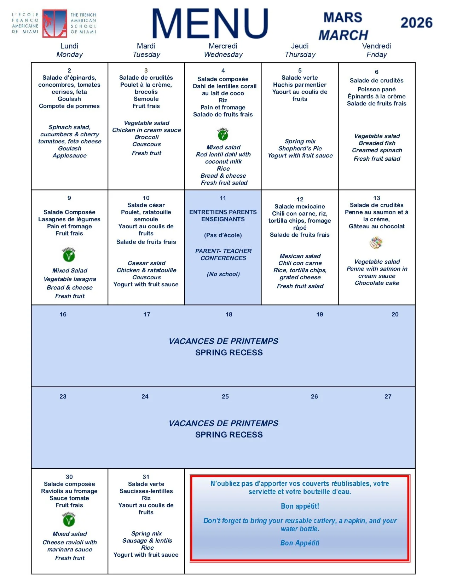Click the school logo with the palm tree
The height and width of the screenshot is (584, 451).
coord(54,23)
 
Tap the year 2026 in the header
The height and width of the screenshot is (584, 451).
coord(416,23)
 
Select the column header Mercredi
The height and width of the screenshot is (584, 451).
coord(223,46)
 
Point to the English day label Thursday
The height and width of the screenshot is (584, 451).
coord(300,55)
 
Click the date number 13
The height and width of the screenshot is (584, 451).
coord(376,198)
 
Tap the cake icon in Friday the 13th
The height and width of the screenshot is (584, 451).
coord(376,243)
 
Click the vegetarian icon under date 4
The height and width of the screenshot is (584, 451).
coord(223,134)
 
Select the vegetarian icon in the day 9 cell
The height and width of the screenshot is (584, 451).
coord(69,255)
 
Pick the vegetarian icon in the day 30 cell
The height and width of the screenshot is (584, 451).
coord(69,520)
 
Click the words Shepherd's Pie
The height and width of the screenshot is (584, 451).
coord(300,148)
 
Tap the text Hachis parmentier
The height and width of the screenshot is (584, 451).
coord(300,85)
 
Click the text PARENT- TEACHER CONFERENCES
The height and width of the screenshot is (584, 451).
coord(223,254)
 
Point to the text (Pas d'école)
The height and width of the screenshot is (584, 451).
coord(223,235)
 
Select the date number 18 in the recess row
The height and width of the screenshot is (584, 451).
coord(229,314)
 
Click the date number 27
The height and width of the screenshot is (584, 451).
coord(388,396)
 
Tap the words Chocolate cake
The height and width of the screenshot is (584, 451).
coord(377,283)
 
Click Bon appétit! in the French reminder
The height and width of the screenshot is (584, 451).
coord(300,506)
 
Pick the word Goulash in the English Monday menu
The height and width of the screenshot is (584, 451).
coord(70,148)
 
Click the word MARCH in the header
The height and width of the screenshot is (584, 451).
coord(343,35)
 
